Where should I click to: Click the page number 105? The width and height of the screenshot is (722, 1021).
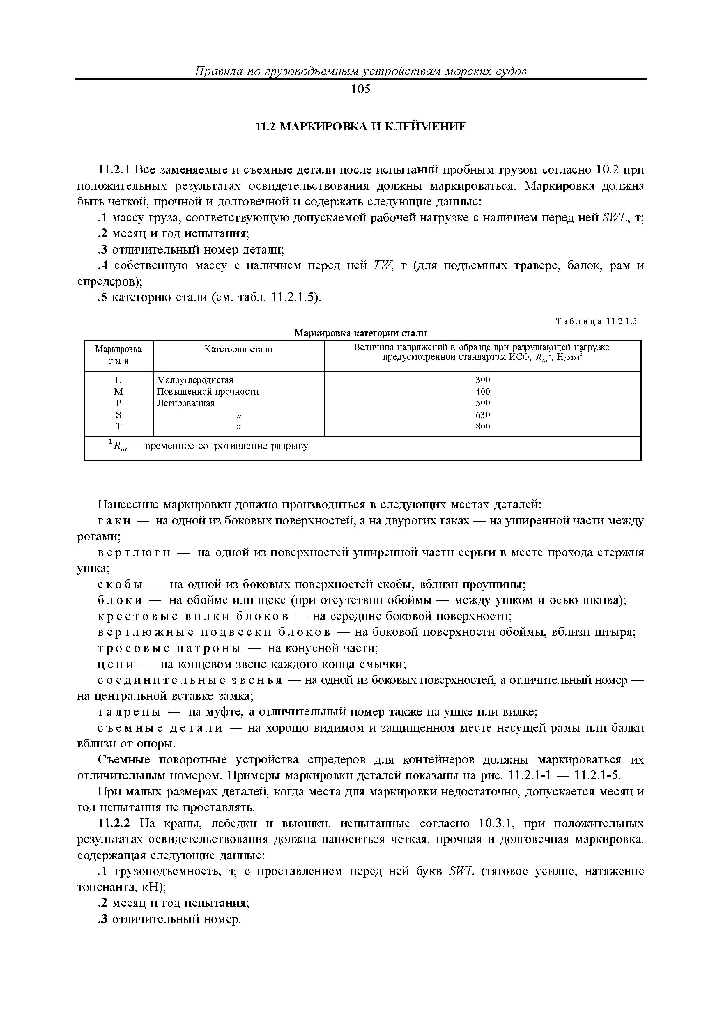coord(360,89)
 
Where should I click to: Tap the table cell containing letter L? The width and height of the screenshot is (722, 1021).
coord(118,380)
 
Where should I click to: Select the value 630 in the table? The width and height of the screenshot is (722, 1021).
coord(483,415)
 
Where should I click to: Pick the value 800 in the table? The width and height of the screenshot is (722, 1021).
coord(483,426)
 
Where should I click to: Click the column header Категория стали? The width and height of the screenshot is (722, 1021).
coord(238,350)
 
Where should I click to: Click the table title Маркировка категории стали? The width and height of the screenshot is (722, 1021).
coord(360,333)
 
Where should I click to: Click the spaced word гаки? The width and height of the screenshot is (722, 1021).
coord(114,521)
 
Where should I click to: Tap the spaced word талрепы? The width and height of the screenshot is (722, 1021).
coord(129,712)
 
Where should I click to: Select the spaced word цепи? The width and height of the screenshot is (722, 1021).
coord(115,664)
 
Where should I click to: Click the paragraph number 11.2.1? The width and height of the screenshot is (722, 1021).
coord(114,170)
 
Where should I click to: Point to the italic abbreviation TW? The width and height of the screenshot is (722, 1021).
coord(382,265)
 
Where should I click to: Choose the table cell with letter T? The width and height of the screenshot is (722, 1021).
coord(118,426)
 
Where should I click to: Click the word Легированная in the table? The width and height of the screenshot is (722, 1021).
coord(186,403)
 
